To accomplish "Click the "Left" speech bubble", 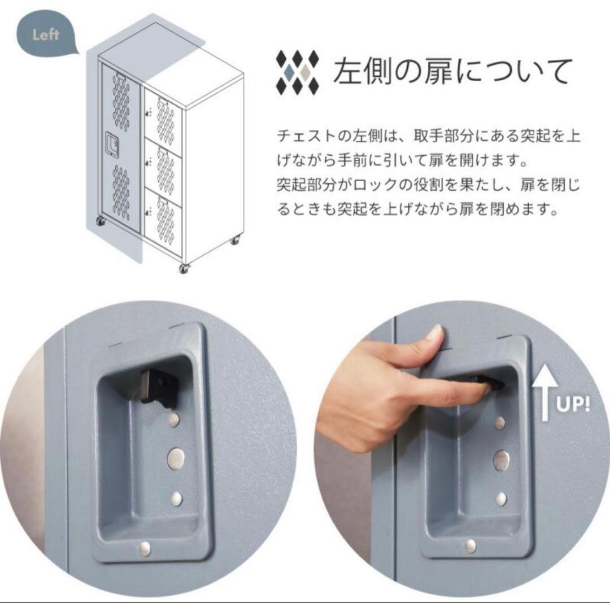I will [x=46, y=35].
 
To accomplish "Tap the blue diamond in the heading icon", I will [x=290, y=72].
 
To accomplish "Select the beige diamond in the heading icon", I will [x=305, y=72].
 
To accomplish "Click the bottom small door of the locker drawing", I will [x=164, y=217].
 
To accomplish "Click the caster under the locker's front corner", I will [x=184, y=268].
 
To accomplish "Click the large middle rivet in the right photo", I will [x=500, y=460].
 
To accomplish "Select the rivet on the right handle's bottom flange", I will [x=470, y=545].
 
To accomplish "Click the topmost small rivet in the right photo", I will [x=500, y=423].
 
